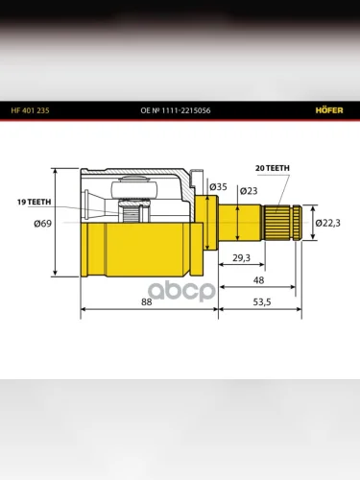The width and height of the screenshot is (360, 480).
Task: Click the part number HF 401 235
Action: pos(30,110)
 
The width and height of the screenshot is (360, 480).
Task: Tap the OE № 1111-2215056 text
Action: pos(176,110)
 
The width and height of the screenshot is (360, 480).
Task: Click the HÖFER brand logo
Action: pos(329,110)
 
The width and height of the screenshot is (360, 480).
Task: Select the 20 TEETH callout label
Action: pos(273,168)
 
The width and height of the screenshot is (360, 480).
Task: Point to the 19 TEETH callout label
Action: pos(35,202)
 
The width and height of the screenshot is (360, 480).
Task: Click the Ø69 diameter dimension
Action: pos(43,223)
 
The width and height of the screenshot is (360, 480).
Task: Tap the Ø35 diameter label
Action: pos(218,186)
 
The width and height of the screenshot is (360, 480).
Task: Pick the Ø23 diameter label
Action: pos(249,191)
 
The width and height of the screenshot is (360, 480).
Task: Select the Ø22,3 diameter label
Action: pos(328,223)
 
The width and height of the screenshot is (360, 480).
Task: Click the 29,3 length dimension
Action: pos(242,257)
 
